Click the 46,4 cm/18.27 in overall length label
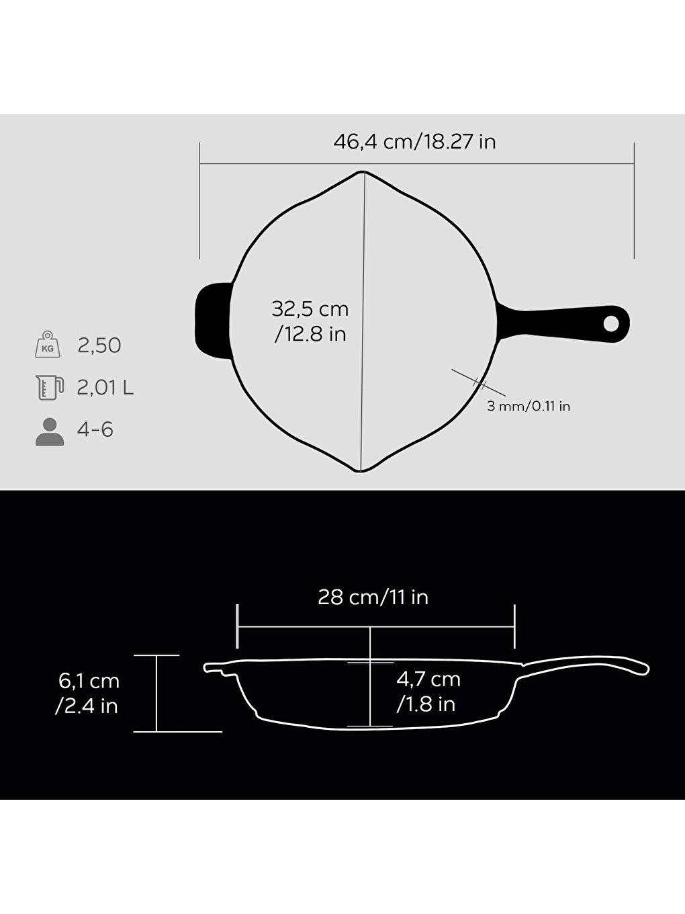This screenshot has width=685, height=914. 414,142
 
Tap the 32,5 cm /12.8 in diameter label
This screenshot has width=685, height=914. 310,321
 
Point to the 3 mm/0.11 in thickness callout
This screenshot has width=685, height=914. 529,406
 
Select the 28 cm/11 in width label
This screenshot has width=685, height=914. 373,597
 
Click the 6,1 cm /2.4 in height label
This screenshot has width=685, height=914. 88,693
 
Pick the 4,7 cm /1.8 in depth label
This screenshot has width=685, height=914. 428,692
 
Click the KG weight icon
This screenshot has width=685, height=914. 48,345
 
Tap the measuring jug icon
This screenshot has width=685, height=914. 49,388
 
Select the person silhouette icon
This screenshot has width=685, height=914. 49,431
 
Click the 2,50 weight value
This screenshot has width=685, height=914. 99,345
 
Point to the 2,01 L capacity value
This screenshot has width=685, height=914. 105,388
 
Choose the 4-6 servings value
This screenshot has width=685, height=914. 95,429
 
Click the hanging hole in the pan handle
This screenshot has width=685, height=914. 611,324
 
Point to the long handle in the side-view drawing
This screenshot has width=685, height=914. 584,665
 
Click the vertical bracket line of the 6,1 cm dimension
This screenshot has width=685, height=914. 156,693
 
